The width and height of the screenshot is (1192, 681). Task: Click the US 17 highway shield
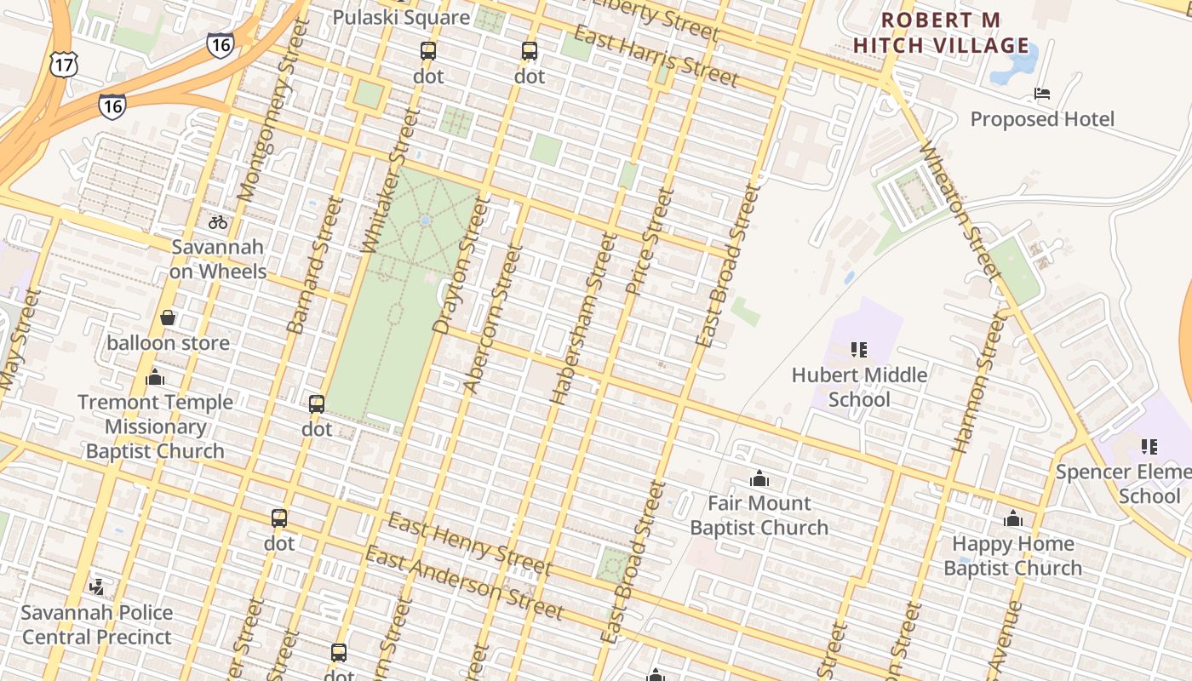click(63, 64)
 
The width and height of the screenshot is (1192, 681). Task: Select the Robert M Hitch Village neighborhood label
click(941, 32)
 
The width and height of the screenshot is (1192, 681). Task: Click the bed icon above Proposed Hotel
click(1041, 93)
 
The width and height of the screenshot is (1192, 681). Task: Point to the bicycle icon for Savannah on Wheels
click(218, 222)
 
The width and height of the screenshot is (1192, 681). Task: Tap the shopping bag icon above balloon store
click(168, 318)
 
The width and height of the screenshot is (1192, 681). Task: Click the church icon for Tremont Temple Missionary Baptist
click(155, 377)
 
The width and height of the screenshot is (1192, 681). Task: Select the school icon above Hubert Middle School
click(858, 349)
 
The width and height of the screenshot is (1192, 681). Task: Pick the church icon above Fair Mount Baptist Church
click(759, 478)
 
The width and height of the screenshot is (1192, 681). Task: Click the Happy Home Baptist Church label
click(1012, 556)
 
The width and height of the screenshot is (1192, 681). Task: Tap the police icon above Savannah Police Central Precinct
click(96, 587)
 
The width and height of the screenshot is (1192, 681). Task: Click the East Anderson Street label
click(464, 583)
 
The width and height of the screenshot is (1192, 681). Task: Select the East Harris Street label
click(655, 56)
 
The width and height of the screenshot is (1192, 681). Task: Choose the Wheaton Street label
click(958, 209)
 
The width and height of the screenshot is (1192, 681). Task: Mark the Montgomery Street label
click(271, 112)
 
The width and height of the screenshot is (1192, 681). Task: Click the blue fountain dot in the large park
click(425, 220)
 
